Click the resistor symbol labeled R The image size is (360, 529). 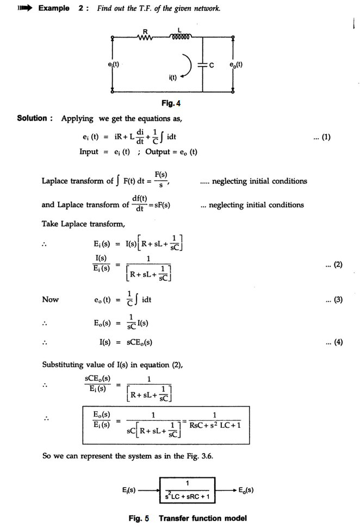(x=146, y=38)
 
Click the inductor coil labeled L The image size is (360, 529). (x=180, y=38)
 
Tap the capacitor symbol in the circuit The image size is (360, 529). (x=202, y=65)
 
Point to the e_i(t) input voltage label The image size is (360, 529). (x=114, y=65)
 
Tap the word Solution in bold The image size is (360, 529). (x=34, y=119)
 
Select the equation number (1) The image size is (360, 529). (x=322, y=137)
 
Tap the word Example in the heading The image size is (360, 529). (x=53, y=9)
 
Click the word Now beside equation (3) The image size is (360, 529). (x=51, y=300)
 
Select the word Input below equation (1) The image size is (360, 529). (x=89, y=152)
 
